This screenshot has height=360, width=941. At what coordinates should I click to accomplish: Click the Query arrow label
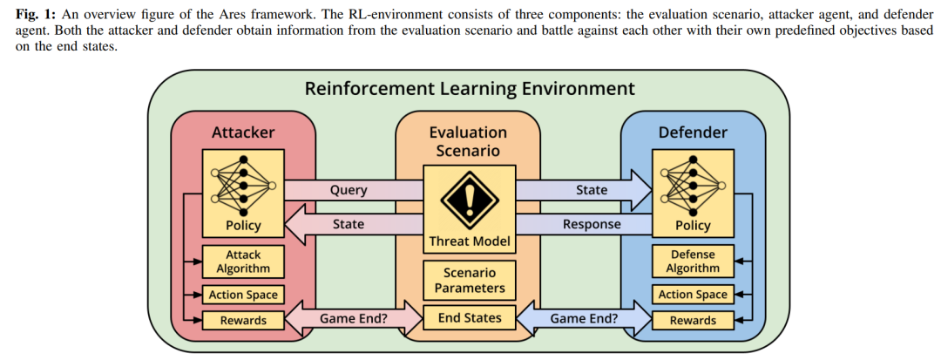click(348, 190)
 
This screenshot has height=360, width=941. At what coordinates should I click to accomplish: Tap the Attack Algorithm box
click(243, 262)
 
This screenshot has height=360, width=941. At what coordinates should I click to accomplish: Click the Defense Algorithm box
click(693, 262)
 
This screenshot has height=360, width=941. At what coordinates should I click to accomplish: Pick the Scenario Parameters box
click(469, 280)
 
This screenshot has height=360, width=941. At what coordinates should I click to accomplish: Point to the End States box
click(469, 318)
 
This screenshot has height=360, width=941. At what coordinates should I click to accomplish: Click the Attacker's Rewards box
click(243, 320)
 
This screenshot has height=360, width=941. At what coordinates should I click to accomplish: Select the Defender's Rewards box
click(693, 320)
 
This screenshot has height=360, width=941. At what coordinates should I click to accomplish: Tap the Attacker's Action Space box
click(243, 295)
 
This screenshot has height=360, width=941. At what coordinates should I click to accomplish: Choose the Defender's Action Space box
click(693, 295)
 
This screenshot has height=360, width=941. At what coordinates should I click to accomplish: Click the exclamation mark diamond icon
click(469, 199)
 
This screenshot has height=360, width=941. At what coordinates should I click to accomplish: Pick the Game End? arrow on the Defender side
click(583, 318)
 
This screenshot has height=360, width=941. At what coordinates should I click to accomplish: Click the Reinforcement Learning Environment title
click(469, 89)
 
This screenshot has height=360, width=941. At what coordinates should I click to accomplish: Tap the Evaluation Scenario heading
click(469, 141)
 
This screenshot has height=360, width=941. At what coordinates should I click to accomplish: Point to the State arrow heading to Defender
click(583, 190)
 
